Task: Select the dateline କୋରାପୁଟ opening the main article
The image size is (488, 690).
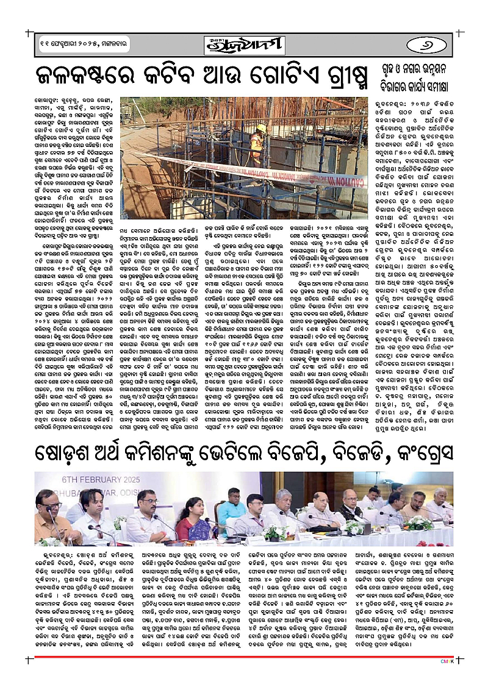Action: (x=48, y=98)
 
